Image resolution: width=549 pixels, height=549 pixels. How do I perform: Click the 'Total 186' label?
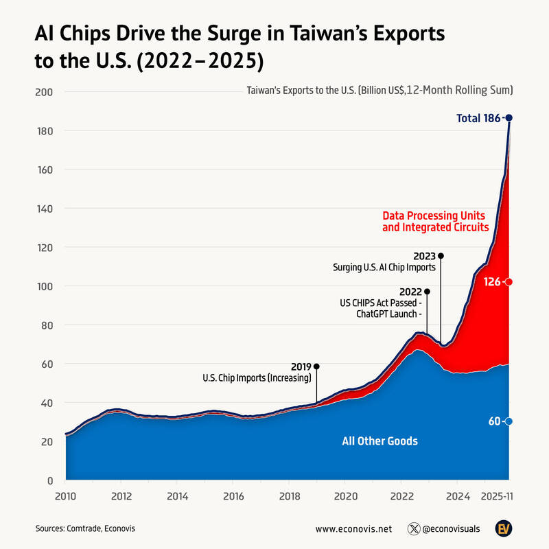pos(478,118)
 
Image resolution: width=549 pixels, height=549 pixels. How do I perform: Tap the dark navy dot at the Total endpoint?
pos(509,118)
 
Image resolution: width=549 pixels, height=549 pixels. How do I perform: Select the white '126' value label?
pos(492,281)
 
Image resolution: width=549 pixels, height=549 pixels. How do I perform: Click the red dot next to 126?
pos(509,281)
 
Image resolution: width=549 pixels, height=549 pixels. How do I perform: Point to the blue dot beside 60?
pos(509,421)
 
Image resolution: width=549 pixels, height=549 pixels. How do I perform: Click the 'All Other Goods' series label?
pos(379,441)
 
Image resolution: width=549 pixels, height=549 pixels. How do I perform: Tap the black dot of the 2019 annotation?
pos(316,366)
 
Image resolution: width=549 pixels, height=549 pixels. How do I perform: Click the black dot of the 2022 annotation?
pos(427,292)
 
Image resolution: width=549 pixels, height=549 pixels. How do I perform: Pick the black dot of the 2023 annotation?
pos(441,256)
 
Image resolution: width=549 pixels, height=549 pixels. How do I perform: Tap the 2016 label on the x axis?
pos(233,495)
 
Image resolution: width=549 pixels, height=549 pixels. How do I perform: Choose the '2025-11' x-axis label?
pos(498,495)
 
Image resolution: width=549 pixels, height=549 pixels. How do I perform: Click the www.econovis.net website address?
pos(353,529)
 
